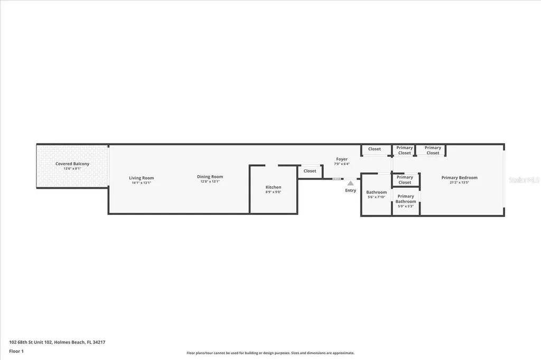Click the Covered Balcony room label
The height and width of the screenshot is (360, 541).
(72, 164)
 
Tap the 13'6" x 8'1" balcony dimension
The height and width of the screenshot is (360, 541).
(72, 169)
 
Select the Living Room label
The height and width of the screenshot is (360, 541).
(142, 178)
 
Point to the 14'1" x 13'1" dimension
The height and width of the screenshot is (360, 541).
(142, 183)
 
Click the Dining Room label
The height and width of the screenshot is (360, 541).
(210, 177)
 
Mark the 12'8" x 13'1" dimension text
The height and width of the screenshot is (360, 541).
(210, 182)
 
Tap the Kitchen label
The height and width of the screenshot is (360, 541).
(273, 187)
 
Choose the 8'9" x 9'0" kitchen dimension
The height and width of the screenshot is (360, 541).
(273, 192)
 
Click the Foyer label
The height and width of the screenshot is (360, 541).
(342, 159)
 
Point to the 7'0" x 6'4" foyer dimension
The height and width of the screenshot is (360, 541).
(342, 164)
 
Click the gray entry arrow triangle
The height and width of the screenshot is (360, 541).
(350, 183)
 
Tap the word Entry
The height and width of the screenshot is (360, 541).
(351, 190)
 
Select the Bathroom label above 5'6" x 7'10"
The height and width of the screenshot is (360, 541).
(376, 192)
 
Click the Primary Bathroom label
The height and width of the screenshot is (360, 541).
(406, 199)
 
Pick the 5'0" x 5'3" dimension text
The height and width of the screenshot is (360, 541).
(406, 206)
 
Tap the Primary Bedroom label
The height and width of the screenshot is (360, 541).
(459, 177)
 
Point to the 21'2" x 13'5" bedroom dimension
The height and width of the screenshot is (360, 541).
(459, 183)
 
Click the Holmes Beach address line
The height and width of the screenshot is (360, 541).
(57, 342)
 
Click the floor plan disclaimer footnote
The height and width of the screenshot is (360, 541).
(270, 353)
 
